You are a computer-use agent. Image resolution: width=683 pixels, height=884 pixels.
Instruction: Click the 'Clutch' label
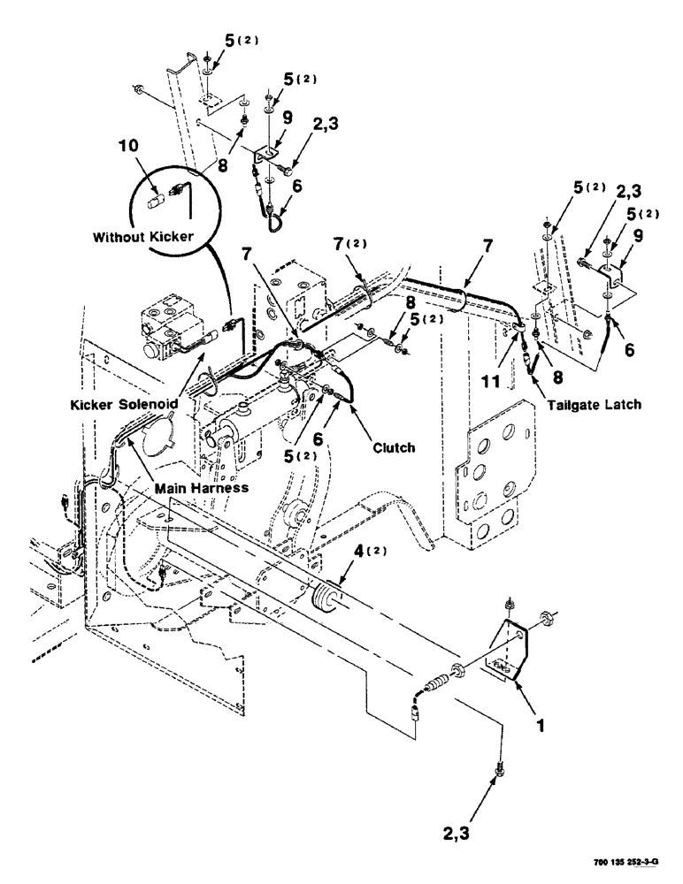[394, 447]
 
